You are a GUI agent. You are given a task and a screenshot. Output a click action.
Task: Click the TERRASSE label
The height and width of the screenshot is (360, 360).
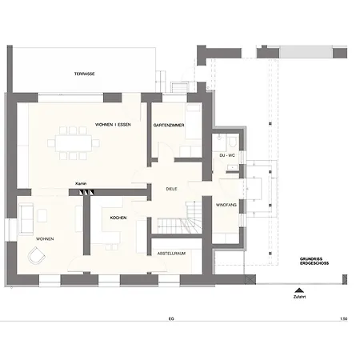(84, 74)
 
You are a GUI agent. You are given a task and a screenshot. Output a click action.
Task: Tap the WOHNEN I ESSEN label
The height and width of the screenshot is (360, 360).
(113, 125)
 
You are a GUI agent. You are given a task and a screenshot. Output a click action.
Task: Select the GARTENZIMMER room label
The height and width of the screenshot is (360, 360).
(169, 125)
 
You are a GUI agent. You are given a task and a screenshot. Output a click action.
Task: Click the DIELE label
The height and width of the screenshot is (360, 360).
(171, 189)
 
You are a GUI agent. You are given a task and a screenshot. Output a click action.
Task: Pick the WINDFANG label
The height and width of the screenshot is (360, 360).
(226, 205)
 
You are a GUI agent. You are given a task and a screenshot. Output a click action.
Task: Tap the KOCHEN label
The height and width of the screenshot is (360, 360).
(118, 218)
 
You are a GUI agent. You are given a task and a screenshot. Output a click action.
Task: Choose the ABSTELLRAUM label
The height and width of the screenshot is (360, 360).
(171, 254)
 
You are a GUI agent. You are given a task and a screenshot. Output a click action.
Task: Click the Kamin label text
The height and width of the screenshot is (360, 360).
(81, 184)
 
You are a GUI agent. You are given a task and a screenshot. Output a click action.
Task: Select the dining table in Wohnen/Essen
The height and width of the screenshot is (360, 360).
(74, 143)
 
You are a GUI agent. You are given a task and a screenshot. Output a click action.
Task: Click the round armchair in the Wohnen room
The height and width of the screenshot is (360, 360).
(37, 255)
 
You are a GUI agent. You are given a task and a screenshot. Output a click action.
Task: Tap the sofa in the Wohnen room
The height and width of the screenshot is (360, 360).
(26, 218)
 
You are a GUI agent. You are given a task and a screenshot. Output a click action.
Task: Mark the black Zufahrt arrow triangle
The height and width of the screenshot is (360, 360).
(299, 290)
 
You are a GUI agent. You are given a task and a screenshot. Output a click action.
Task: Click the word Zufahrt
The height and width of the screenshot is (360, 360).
(299, 297)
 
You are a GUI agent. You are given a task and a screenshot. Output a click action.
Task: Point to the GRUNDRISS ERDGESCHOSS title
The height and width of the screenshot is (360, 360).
(314, 261)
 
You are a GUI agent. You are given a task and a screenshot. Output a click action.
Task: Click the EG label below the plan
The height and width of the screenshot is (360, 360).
(171, 318)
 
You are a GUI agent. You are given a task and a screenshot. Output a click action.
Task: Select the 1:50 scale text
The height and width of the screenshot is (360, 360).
(344, 318)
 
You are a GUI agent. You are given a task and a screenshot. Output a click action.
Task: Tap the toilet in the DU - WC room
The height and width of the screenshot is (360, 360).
(233, 142)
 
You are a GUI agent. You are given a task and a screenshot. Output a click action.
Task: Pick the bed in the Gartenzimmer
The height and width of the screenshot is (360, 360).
(193, 122)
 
